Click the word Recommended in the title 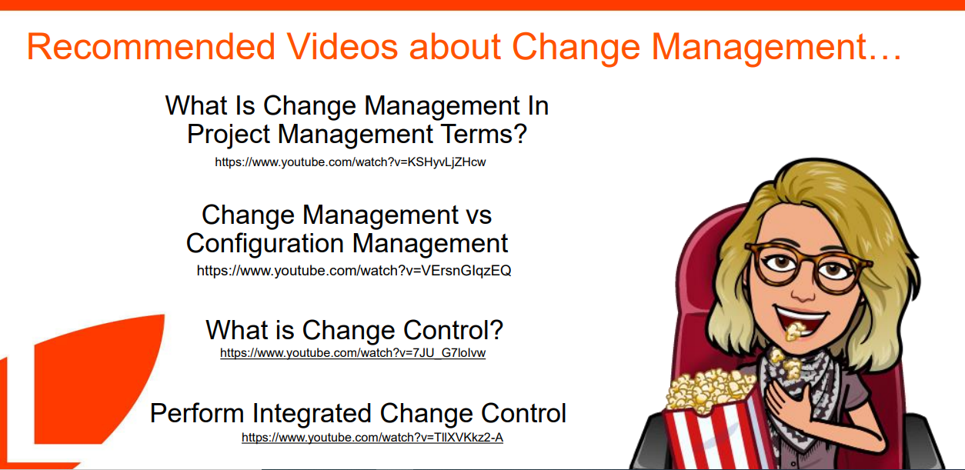point(151,46)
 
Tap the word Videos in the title point(342,46)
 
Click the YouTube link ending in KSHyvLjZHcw point(350,162)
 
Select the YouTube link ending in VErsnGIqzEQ point(354,271)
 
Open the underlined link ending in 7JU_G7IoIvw point(352,353)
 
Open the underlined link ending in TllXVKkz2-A point(372,437)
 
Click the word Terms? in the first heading point(485,134)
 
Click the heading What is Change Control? point(354,330)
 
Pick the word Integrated point(311,414)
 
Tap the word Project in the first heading point(228,135)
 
